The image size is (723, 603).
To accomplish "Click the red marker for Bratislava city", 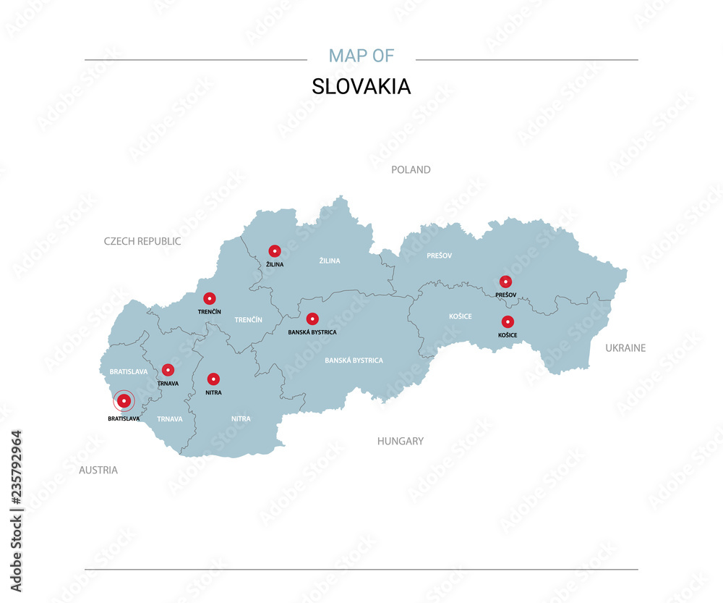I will [x=124, y=400].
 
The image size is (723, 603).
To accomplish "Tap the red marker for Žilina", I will [x=275, y=251].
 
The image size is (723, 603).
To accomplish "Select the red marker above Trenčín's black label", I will [x=209, y=298].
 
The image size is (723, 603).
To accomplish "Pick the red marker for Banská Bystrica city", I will [x=312, y=319].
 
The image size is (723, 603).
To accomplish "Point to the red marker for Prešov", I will [x=505, y=282].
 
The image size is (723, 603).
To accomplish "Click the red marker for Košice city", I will [x=508, y=322].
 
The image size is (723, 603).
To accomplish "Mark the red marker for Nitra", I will [x=213, y=379].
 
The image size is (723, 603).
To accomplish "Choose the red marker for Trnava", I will [x=168, y=370].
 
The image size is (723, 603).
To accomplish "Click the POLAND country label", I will [x=411, y=169].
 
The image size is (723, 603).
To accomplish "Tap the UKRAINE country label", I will [x=625, y=348].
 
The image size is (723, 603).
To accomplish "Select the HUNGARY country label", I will [x=401, y=441].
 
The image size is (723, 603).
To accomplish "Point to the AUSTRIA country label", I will [x=98, y=470].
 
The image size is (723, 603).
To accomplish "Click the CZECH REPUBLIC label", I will [x=142, y=241].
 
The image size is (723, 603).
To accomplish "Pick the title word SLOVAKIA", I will [x=361, y=86].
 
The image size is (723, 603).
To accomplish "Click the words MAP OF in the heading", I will [x=361, y=56].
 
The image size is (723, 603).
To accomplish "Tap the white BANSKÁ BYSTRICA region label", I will [x=354, y=360].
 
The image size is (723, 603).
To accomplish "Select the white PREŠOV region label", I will [x=439, y=256].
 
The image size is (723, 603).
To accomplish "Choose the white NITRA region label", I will [x=241, y=418].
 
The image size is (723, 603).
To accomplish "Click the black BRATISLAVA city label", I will [x=124, y=418].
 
